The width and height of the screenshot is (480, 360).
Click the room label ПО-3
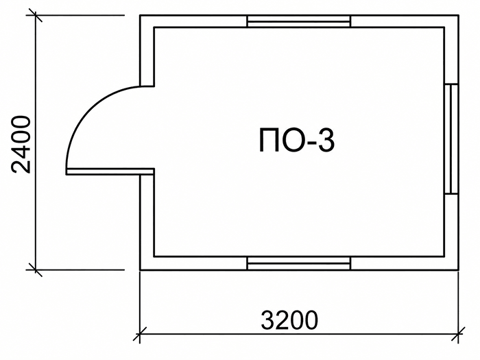pos(297,141)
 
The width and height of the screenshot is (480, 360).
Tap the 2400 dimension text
pos(21,145)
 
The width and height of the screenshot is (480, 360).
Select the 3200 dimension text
pos(289,320)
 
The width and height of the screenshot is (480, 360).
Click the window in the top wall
pos(298,21)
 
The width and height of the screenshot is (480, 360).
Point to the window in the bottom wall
pos(298,263)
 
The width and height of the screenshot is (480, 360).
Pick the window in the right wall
pos(451,139)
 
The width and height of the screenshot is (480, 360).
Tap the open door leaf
pos(110,171)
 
